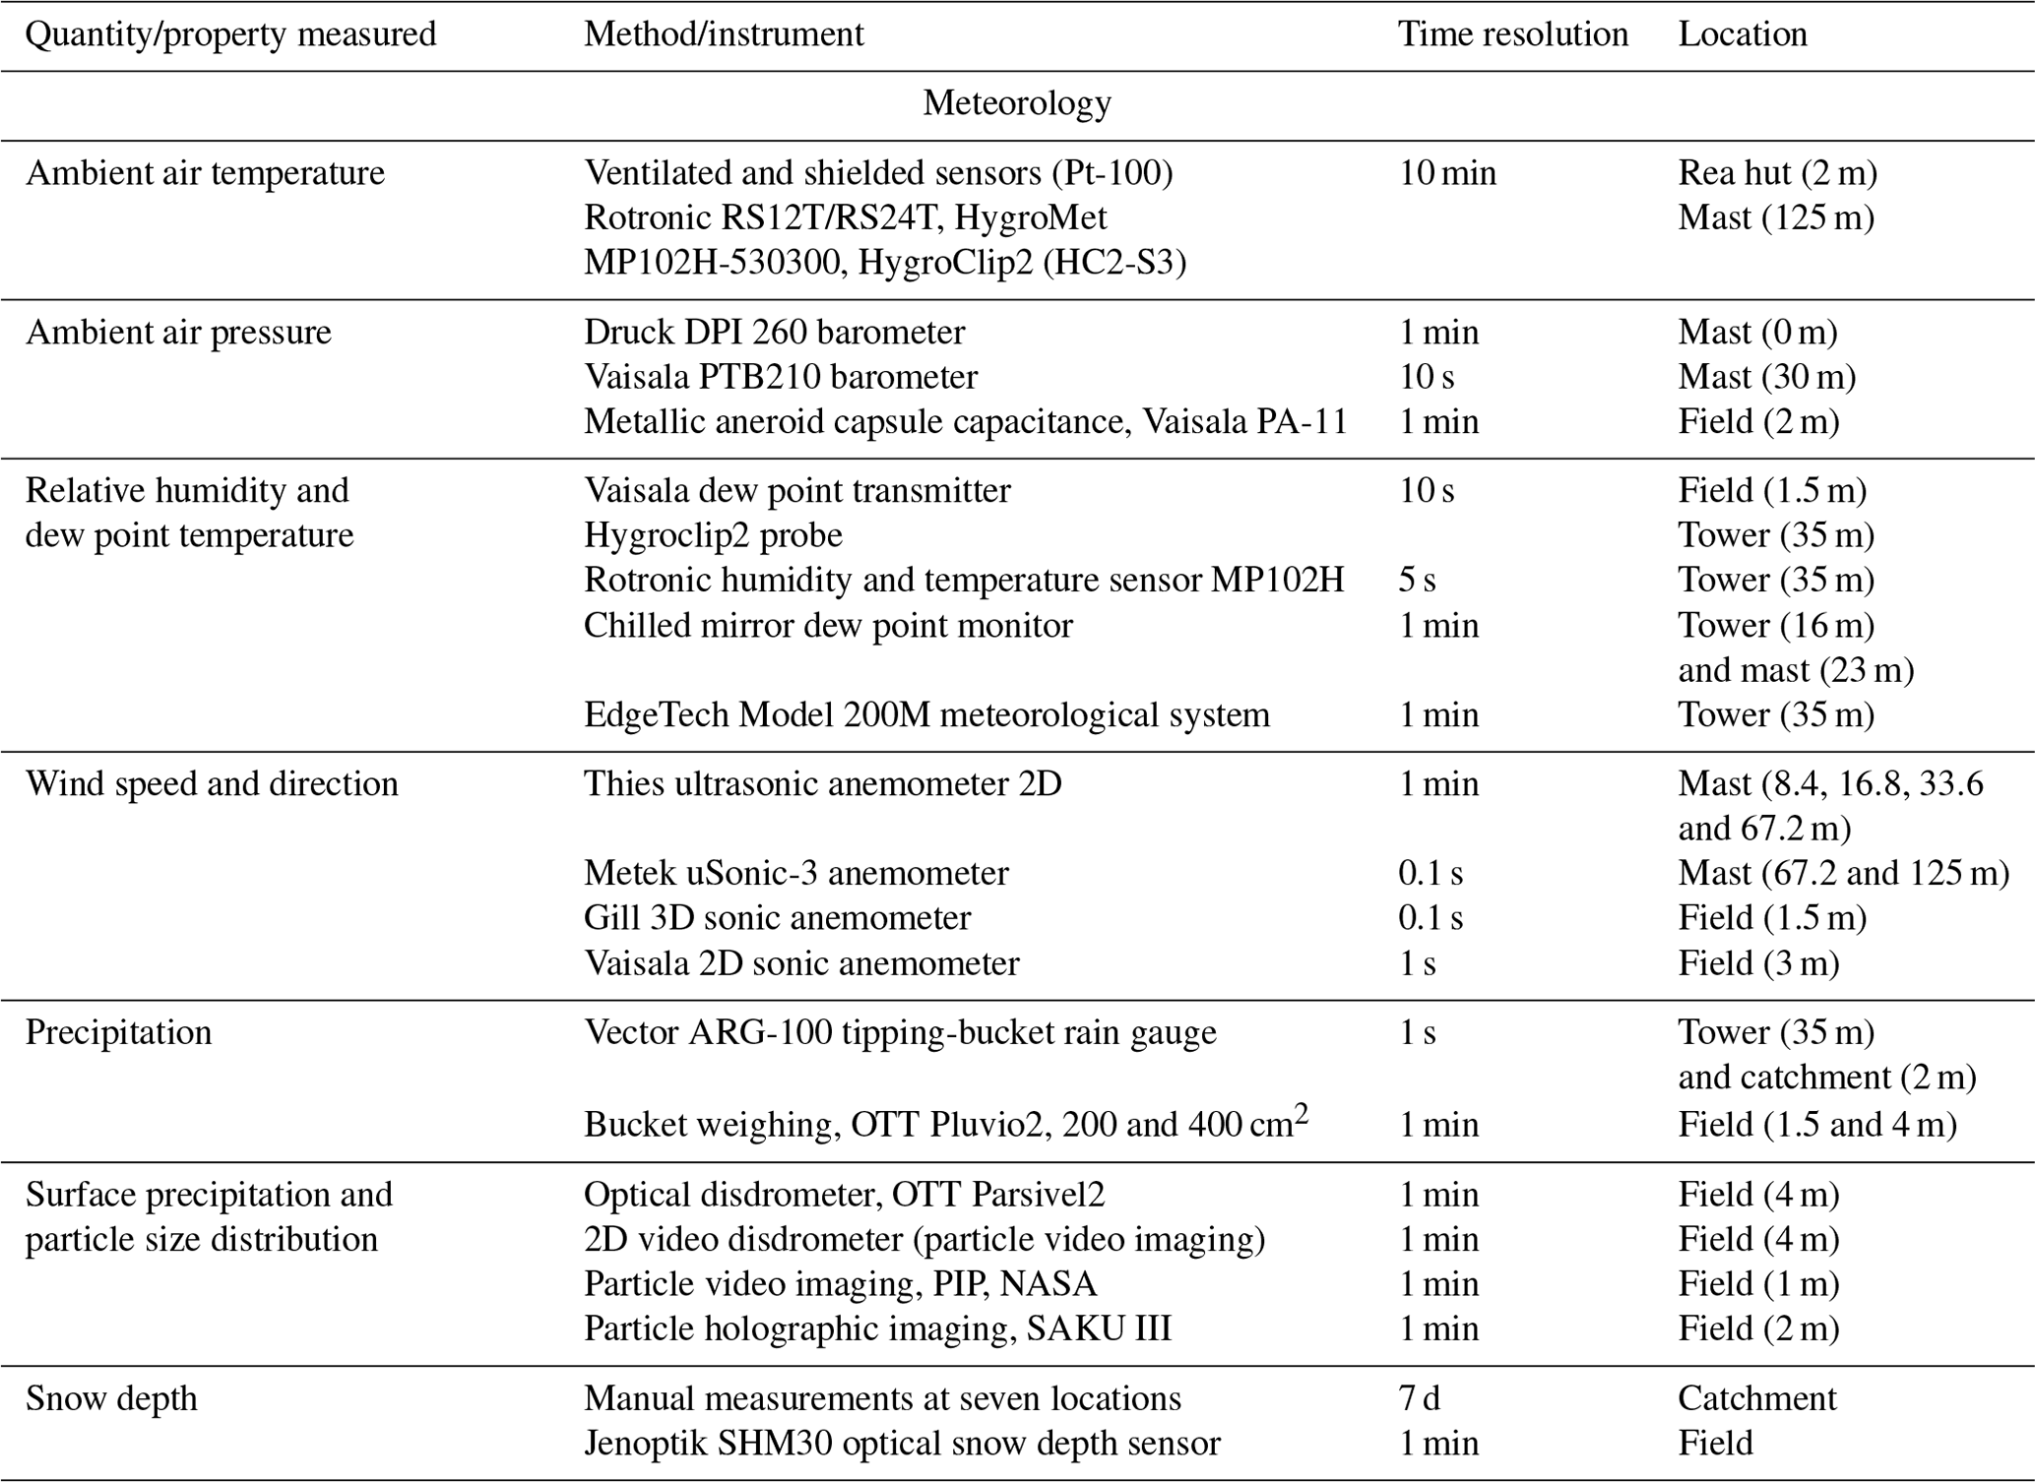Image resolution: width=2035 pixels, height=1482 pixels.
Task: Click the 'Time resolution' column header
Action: (1512, 34)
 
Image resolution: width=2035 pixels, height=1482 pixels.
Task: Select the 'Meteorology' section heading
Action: (1017, 103)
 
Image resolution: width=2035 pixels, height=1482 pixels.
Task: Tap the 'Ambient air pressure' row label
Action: (178, 333)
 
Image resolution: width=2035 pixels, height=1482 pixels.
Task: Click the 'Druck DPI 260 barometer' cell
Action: (774, 333)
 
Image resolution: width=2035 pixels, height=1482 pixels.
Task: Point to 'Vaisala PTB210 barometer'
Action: (781, 377)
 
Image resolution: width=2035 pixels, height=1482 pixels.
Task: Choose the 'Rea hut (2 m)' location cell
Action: (1777, 173)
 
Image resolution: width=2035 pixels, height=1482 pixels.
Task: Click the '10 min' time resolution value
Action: (1447, 173)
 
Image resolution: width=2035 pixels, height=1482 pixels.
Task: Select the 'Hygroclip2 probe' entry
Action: (713, 535)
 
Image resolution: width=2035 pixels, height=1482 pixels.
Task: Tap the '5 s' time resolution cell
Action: (1417, 581)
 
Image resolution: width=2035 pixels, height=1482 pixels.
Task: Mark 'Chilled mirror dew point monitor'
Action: (828, 626)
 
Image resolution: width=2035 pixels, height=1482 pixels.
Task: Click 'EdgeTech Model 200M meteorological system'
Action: (926, 714)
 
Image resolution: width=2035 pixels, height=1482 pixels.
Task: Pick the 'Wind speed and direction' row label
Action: (212, 784)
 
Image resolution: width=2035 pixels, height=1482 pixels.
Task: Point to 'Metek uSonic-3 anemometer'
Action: (795, 873)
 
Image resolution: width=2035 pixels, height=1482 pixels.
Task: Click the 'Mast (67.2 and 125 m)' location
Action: (1843, 873)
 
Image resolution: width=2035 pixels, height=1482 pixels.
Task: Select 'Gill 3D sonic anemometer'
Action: (777, 918)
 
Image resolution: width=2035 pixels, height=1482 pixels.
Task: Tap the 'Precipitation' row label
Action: (118, 1032)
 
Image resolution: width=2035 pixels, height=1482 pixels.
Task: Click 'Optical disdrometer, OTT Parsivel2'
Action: (844, 1195)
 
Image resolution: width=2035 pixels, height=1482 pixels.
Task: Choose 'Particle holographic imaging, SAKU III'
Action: (877, 1328)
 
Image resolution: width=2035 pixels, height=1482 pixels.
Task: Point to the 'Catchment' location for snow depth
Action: (1756, 1398)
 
